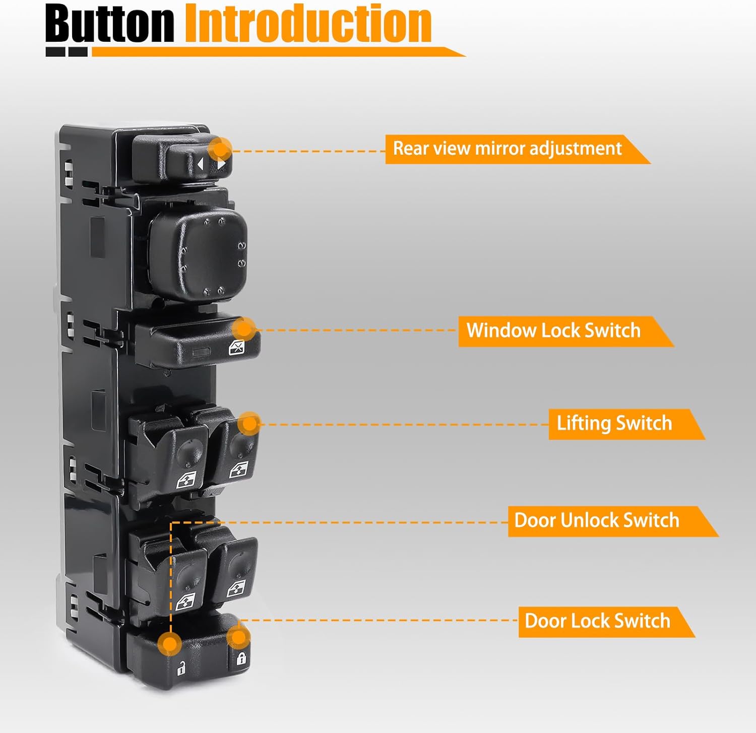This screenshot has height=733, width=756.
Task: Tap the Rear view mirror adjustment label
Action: point(507,149)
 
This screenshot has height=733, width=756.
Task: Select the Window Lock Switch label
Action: point(553,331)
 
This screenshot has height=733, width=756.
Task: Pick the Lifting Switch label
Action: point(614,424)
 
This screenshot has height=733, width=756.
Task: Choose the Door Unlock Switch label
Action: point(597,520)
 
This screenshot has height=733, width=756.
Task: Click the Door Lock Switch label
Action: point(597,621)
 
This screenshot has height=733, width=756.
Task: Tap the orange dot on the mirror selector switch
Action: point(220,149)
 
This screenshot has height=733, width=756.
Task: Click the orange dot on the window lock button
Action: point(244,329)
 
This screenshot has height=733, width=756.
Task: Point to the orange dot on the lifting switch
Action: point(249,423)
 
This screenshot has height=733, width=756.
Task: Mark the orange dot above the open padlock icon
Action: point(170,643)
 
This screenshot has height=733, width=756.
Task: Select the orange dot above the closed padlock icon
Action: point(238,638)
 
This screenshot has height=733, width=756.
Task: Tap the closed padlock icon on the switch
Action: point(241,658)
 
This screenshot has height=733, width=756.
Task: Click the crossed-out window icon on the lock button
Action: point(237,347)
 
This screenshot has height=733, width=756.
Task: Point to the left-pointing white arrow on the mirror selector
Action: point(201,164)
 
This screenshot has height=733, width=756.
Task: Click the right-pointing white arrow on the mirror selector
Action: point(221,164)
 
